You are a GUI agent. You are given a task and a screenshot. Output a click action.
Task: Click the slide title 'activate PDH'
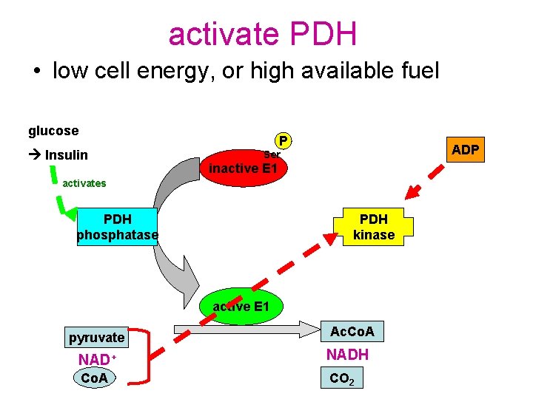click(x=263, y=33)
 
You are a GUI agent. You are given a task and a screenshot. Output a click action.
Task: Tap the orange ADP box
click(x=466, y=150)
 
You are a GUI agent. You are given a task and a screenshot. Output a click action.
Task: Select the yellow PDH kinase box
click(x=374, y=228)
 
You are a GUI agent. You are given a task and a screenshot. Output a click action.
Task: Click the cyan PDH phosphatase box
click(x=118, y=228)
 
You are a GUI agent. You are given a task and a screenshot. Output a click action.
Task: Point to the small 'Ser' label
click(x=272, y=154)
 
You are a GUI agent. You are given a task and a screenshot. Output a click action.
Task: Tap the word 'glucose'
click(x=53, y=131)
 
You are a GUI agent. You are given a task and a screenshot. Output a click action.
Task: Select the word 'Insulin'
click(x=67, y=154)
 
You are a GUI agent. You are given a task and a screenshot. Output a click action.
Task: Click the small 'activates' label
click(x=84, y=183)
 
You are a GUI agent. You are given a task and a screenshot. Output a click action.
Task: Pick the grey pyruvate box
click(x=97, y=338)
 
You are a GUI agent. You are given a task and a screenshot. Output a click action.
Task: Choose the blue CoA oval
click(x=94, y=378)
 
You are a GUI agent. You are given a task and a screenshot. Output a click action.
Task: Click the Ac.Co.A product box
click(x=352, y=332)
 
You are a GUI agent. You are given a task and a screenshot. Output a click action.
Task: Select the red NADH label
click(x=347, y=355)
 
